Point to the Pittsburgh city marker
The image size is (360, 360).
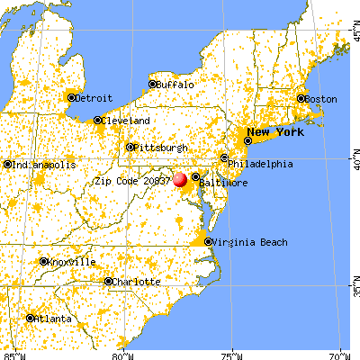click(x=130, y=147)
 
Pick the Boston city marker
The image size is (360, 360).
click(x=302, y=98)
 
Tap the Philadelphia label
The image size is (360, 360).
click(x=263, y=164)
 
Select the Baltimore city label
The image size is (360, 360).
click(x=223, y=183)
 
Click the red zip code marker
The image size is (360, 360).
click(x=181, y=180)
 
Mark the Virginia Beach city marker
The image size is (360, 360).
click(x=209, y=241)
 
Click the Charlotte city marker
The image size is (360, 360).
click(x=109, y=281)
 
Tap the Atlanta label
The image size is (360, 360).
click(x=54, y=318)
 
